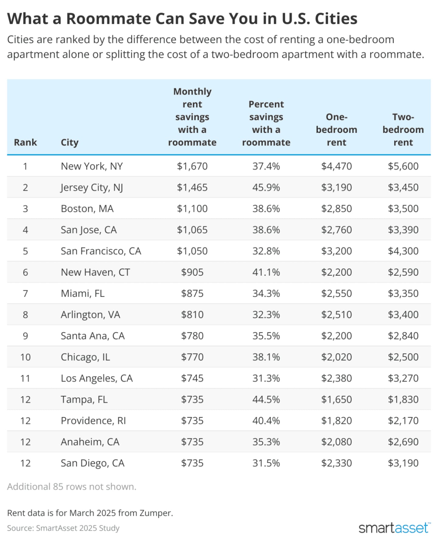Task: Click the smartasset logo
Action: point(395,528)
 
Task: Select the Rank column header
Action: point(25,142)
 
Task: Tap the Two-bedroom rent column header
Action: point(403,130)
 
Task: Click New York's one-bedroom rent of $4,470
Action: point(336,166)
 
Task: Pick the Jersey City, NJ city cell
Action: point(92,188)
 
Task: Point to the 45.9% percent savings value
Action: point(266,188)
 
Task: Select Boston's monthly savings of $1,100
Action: point(192,209)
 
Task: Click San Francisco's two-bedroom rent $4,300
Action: point(403,251)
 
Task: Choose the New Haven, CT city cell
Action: point(95,272)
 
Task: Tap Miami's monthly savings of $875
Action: point(192,293)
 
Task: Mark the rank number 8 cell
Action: point(25,315)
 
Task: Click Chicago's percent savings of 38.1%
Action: point(266,357)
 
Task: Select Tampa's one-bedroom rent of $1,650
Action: point(336,399)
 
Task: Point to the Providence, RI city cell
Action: point(93,421)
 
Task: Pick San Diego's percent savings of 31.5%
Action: point(266,463)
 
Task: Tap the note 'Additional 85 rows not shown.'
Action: point(71,487)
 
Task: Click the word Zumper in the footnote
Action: point(156,513)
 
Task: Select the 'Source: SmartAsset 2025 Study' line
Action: point(63,528)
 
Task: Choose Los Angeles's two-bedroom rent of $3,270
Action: point(403,378)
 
